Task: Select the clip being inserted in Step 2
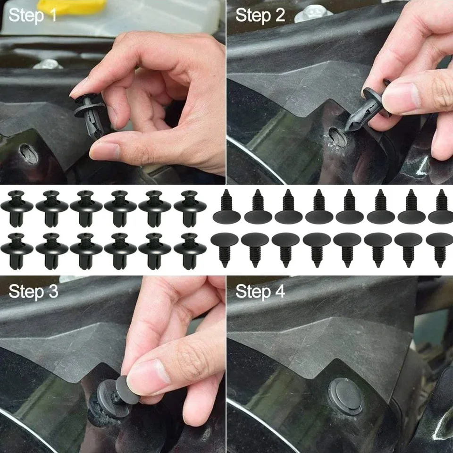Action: [366, 111]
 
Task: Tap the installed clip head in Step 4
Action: [345, 395]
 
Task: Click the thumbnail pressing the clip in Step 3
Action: [147, 375]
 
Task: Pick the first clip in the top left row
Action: [17, 208]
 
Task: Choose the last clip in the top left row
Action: [190, 208]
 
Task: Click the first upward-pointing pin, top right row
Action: [226, 208]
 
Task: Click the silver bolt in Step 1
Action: [48, 64]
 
